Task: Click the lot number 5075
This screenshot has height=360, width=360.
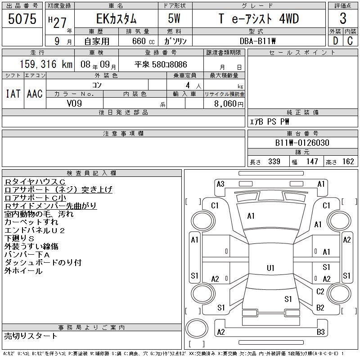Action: point(22,19)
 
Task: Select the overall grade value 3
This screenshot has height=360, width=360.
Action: point(343,19)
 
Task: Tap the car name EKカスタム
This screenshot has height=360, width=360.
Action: point(115,19)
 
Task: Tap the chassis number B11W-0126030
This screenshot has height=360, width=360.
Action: point(302,143)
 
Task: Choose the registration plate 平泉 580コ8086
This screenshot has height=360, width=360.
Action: point(161,65)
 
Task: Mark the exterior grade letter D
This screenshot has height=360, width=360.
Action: point(335,40)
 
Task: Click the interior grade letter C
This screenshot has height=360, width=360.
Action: point(350,40)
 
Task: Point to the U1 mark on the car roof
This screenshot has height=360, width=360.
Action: point(270,268)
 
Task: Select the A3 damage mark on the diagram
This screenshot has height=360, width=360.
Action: point(220,184)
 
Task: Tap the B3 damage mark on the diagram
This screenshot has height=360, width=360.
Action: point(321,332)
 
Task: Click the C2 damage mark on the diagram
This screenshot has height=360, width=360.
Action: point(320,292)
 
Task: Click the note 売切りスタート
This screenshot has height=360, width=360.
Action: point(31,336)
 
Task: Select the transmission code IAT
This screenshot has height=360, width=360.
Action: point(12,94)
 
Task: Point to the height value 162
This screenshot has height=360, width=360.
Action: point(348,162)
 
